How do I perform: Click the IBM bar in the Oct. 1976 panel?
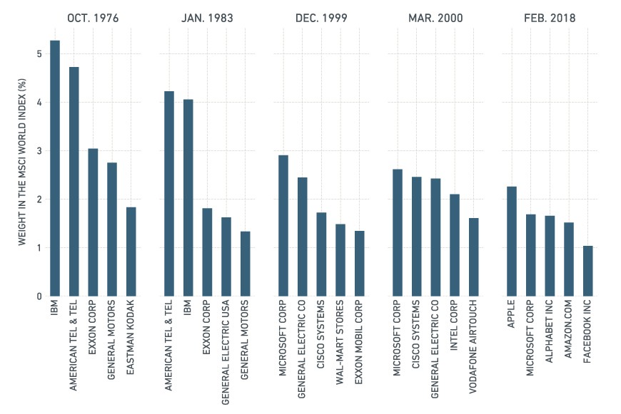pos(55,168)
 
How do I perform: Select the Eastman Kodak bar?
pos(131,252)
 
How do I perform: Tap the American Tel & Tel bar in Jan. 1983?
pos(169,194)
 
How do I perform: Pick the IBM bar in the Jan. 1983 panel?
pos(188,197)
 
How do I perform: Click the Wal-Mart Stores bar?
pos(340,260)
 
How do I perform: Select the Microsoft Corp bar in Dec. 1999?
pos(283,226)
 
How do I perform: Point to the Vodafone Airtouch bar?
pos(474,257)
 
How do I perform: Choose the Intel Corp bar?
pos(455,245)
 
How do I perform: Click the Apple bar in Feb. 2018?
pos(512,242)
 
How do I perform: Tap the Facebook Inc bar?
pos(588,271)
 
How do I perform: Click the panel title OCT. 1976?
pos(93,19)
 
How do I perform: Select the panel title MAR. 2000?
pos(435,19)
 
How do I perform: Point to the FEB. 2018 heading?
pos(550,19)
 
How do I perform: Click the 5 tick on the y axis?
pos(39,53)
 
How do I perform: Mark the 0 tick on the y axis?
pos(39,296)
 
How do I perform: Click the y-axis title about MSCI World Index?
pos(22,162)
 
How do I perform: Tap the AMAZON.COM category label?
pos(569,329)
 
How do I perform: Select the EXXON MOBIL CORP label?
pos(359,342)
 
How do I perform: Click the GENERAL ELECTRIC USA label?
pos(226,352)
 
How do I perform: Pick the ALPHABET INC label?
pos(550,331)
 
